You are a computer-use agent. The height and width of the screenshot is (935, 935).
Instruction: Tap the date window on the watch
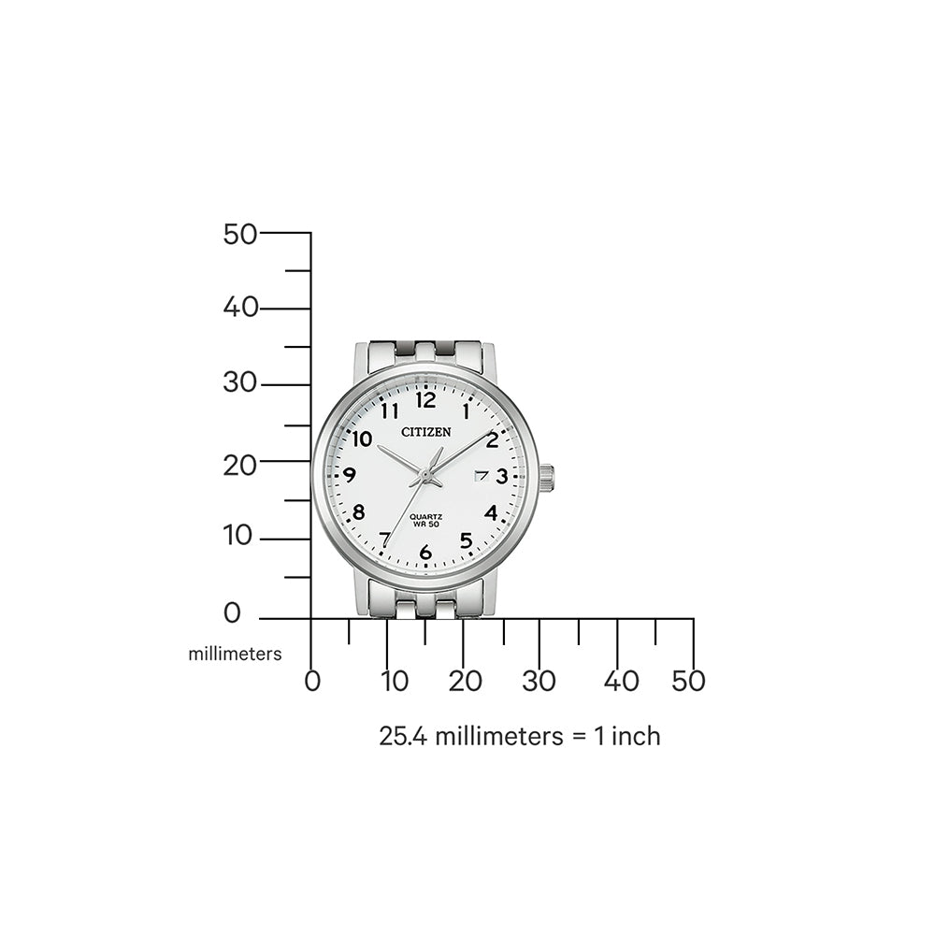pyautogui.click(x=482, y=476)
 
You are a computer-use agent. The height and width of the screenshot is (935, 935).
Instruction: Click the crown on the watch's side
pyautogui.click(x=546, y=478)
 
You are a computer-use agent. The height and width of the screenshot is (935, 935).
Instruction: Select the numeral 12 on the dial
pyautogui.click(x=425, y=401)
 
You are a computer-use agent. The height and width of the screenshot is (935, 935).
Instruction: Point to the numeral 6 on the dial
pyautogui.click(x=426, y=553)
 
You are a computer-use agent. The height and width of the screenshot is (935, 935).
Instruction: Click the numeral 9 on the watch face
pyautogui.click(x=350, y=474)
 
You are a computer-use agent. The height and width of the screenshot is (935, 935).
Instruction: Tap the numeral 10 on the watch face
pyautogui.click(x=362, y=439)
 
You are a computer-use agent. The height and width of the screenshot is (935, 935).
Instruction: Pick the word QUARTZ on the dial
pyautogui.click(x=426, y=519)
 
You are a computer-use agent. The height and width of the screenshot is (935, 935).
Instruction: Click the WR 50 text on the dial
pyautogui.click(x=426, y=529)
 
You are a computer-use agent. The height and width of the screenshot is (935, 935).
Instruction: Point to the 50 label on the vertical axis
pyautogui.click(x=240, y=234)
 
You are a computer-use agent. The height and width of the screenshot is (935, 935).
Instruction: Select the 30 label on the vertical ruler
pyautogui.click(x=240, y=382)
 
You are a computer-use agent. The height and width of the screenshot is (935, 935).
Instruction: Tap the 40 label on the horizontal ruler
pyautogui.click(x=621, y=682)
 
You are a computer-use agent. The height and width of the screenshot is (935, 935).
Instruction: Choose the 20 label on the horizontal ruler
pyautogui.click(x=466, y=682)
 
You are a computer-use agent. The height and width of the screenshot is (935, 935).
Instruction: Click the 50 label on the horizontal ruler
pyautogui.click(x=688, y=682)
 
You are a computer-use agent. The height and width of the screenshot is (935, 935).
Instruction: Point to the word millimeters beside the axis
pyautogui.click(x=235, y=654)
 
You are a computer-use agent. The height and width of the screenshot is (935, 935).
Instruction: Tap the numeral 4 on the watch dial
pyautogui.click(x=491, y=512)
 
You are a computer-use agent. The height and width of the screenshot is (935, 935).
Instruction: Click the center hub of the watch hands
pyautogui.click(x=426, y=477)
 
